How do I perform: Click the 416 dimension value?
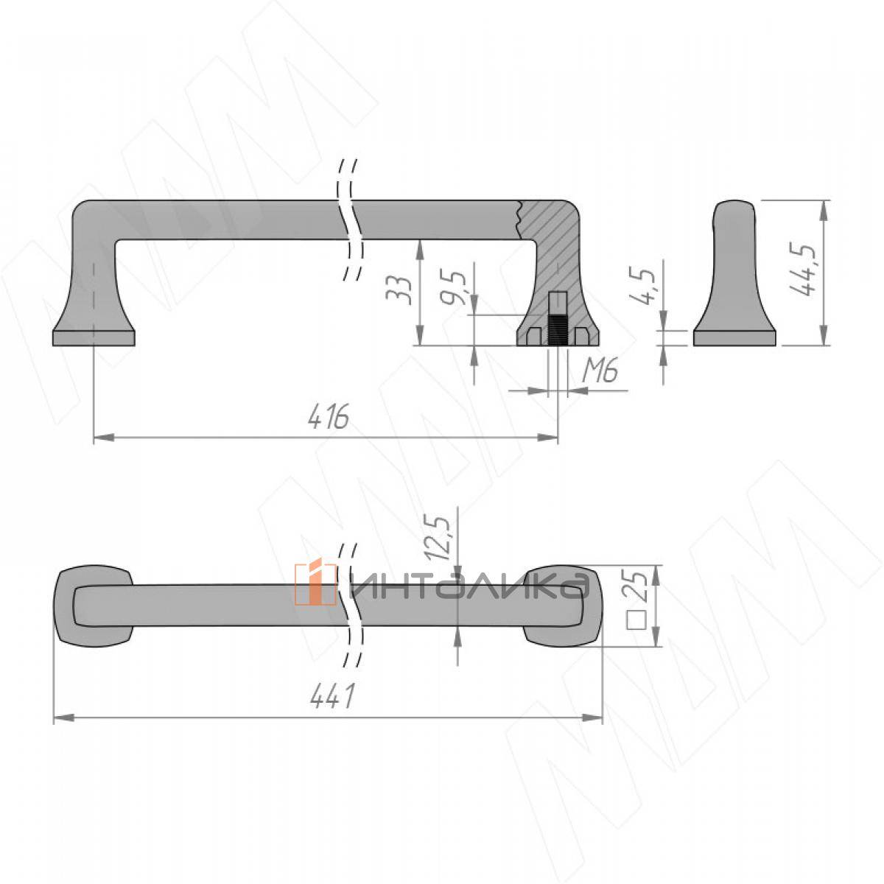pos(329,417)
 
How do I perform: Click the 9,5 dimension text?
pos(453,289)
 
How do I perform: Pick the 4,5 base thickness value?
pos(642,287)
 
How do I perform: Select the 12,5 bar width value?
pos(438,538)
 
